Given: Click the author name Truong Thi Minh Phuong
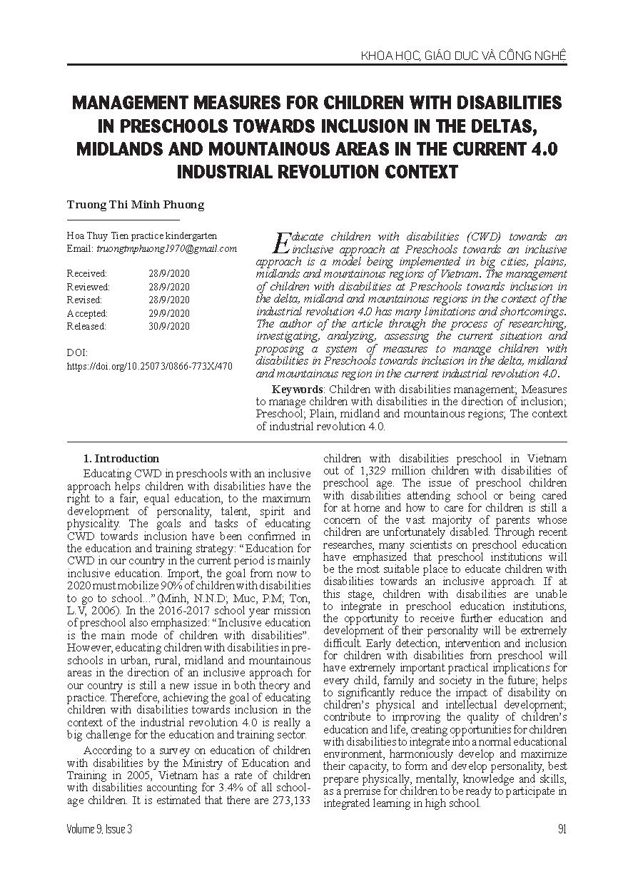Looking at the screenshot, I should [x=135, y=204].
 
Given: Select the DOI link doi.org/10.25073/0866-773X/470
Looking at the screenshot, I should [x=149, y=366].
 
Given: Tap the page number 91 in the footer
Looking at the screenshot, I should [x=562, y=828].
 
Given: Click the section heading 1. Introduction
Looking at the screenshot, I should [x=121, y=459].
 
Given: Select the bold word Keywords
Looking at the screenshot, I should [x=297, y=390].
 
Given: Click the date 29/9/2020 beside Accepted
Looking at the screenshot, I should [x=169, y=313].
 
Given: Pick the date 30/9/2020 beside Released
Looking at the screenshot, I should [x=169, y=326].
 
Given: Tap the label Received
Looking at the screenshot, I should [x=86, y=273].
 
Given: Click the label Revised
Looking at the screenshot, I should [x=84, y=300].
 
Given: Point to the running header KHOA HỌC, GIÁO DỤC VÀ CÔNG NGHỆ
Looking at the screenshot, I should [x=463, y=55].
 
